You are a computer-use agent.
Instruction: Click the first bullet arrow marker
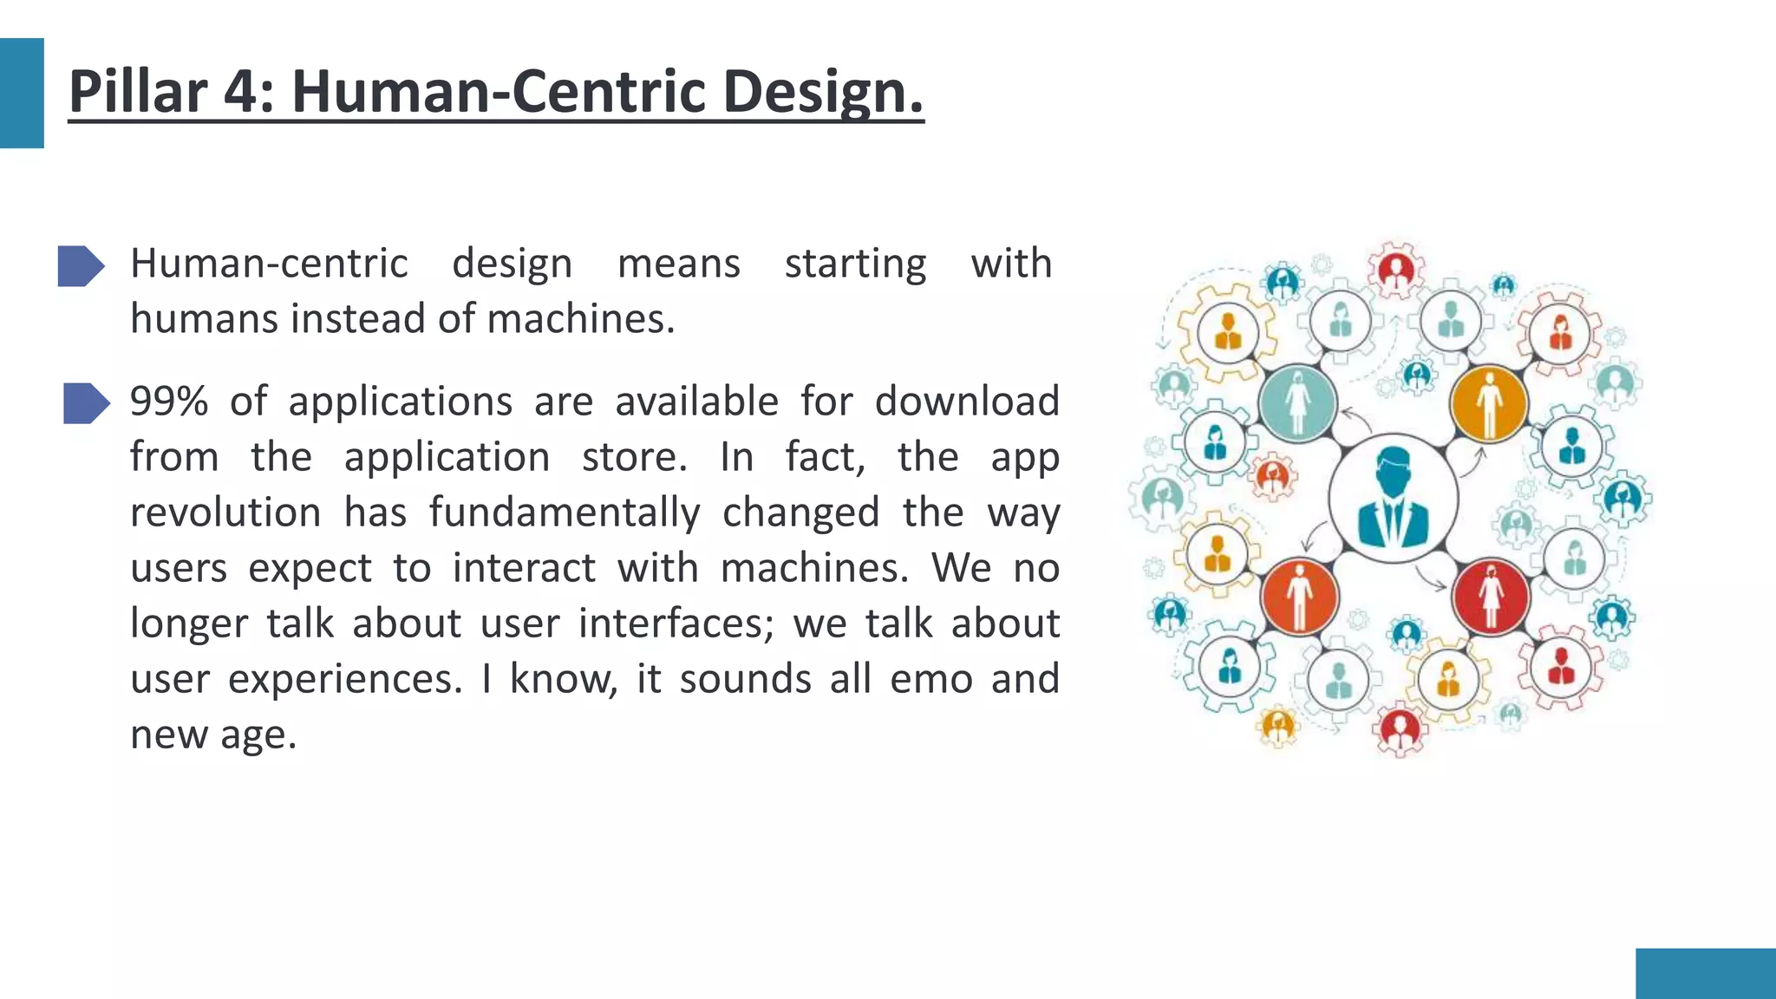pos(81,265)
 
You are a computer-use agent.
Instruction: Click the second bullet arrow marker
pos(86,403)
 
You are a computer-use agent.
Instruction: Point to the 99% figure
pos(169,402)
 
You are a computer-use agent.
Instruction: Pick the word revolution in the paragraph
pos(225,513)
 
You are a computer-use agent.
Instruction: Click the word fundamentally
pos(565,513)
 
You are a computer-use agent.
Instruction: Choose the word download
pos(967,402)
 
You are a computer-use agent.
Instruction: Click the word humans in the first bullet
pos(205,318)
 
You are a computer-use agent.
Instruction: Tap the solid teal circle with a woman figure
pos(1297,403)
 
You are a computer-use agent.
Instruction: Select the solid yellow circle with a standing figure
pos(1489,403)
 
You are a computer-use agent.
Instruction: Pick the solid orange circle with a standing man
pos(1299,597)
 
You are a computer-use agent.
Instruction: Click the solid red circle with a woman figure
pos(1491,597)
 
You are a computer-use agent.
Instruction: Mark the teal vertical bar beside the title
pos(22,93)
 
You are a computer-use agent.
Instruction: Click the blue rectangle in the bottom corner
pos(1705,973)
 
